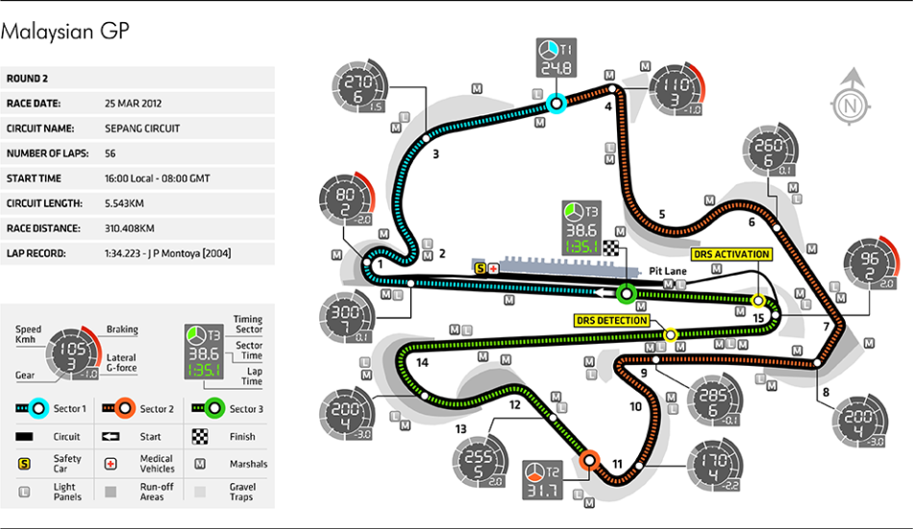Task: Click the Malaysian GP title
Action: (x=64, y=32)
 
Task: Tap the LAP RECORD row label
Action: (x=36, y=253)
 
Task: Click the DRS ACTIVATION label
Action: (x=731, y=254)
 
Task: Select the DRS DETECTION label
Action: (x=611, y=320)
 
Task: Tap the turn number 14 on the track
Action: (x=423, y=362)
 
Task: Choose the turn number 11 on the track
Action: (x=617, y=465)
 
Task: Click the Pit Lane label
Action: (x=666, y=272)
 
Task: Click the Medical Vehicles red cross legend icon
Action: (x=111, y=465)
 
